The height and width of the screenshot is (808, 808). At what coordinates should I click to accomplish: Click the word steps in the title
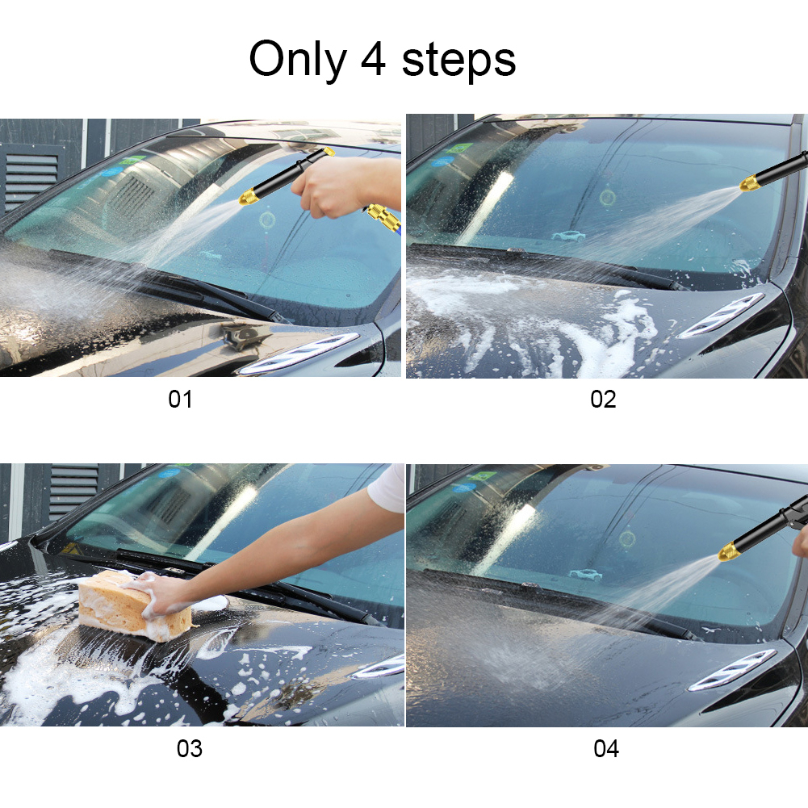point(458,61)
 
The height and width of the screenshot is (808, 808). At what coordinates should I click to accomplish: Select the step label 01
point(180,399)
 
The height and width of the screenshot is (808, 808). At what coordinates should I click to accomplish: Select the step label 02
point(603,399)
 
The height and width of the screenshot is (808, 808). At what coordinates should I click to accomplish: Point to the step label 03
point(190,748)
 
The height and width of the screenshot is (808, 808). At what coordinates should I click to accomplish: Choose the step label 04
point(606,748)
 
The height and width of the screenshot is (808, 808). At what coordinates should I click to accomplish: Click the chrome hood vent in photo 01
point(299,355)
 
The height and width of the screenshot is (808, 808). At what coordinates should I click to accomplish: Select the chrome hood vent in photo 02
point(722,316)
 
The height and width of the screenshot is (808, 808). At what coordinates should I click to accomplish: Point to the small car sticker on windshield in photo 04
point(584,575)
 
